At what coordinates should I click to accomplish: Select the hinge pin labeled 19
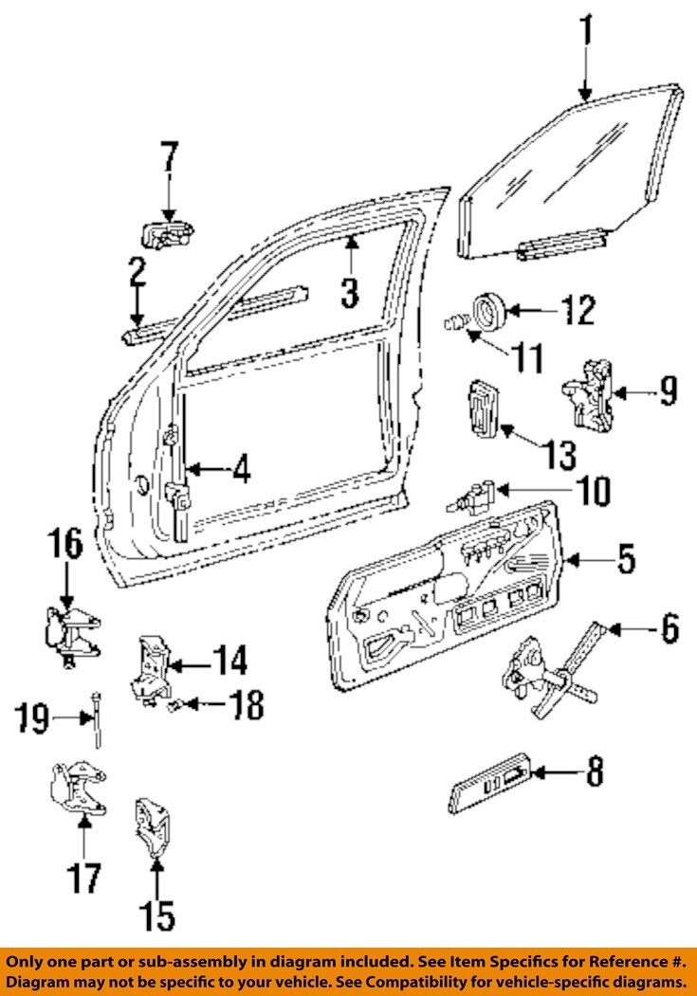[99, 721]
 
